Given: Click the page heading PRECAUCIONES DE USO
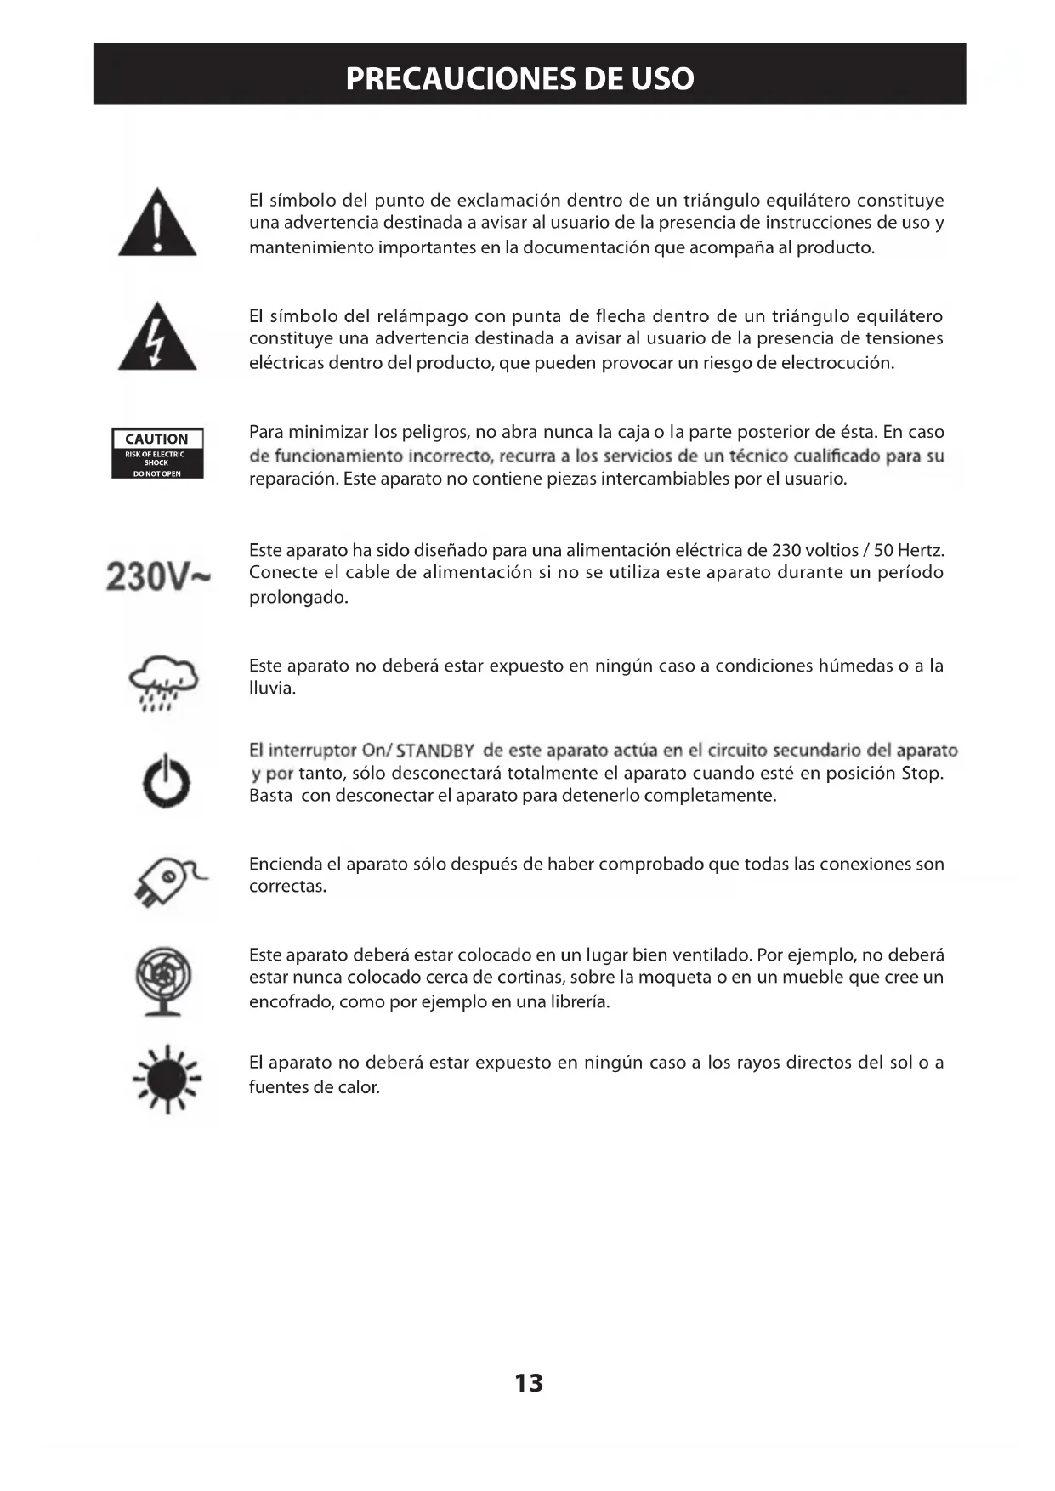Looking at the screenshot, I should [x=519, y=78].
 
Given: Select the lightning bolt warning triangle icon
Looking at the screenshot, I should [x=157, y=338].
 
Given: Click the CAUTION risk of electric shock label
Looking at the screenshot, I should [x=157, y=454].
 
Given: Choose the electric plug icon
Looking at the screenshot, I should [x=168, y=882].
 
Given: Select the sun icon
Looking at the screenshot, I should [x=167, y=1079].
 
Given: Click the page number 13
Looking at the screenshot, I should [x=529, y=1383].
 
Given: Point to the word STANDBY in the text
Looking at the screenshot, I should [x=435, y=751].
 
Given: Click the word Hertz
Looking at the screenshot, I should [x=921, y=550].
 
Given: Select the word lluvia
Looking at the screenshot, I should [x=271, y=688].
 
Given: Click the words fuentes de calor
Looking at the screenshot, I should [x=314, y=1087].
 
